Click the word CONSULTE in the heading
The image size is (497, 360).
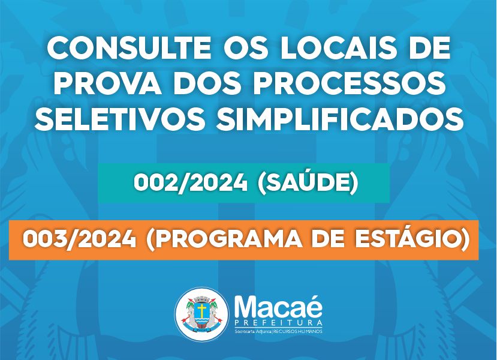tap(129, 49)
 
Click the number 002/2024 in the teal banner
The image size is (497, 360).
tap(191, 183)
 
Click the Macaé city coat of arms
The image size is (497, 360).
tap(201, 313)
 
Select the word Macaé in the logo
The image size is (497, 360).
tap(278, 306)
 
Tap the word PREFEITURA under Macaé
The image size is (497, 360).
tap(278, 323)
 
